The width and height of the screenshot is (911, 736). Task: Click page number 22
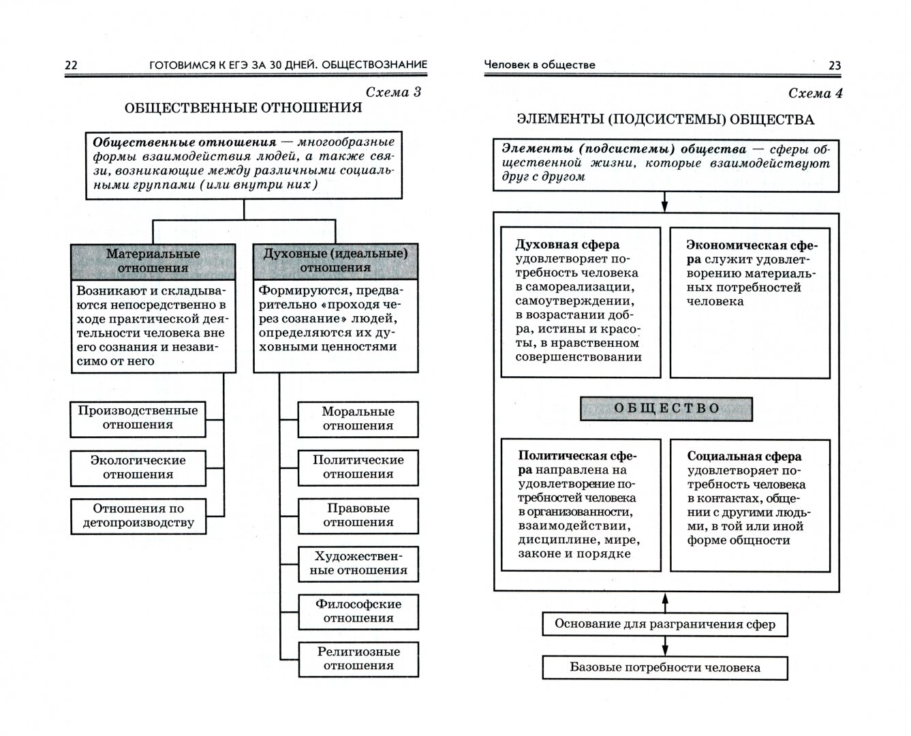71,65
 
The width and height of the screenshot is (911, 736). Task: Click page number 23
835,65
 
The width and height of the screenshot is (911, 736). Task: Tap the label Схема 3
393,92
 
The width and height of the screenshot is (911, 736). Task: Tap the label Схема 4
815,93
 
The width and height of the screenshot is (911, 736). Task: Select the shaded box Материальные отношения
153,261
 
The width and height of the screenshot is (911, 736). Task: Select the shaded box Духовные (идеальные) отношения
335,261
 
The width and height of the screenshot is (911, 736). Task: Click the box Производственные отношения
138,418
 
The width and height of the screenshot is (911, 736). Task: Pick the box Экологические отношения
138,467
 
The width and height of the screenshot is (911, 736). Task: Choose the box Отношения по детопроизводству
138,516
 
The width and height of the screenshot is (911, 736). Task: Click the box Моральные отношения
358,418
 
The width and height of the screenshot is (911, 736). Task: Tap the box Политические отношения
358,467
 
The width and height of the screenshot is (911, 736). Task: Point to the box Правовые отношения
358,515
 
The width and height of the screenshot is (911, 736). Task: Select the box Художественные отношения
358,564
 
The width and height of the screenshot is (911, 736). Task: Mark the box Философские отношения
358,611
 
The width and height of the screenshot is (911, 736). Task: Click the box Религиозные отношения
358,659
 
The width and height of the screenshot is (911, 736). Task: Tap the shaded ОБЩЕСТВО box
666,409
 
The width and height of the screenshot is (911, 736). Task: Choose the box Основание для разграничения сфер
665,624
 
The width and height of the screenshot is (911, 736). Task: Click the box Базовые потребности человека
665,668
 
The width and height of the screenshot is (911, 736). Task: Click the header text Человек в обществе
539,65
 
